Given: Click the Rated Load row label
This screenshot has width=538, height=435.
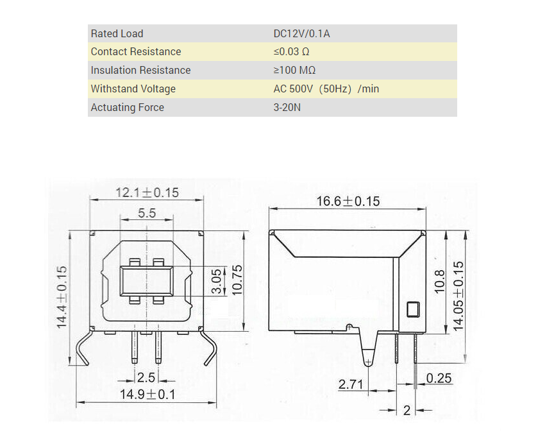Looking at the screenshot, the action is click(117, 33).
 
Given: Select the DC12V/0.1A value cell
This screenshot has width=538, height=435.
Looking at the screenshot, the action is click(301, 33).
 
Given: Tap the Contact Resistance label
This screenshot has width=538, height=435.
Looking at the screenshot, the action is click(136, 51).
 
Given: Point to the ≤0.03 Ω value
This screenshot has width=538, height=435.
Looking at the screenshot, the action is click(291, 52).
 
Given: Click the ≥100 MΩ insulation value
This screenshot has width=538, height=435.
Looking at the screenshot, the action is click(294, 71).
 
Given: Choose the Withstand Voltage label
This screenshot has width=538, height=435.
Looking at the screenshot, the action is click(133, 89).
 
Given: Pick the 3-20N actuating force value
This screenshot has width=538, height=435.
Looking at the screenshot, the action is click(287, 107).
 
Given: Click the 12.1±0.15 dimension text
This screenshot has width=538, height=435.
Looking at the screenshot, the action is click(147, 192).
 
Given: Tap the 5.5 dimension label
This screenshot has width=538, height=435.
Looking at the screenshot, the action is click(147, 213).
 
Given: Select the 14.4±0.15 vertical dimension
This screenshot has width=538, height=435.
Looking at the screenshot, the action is click(62, 297).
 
